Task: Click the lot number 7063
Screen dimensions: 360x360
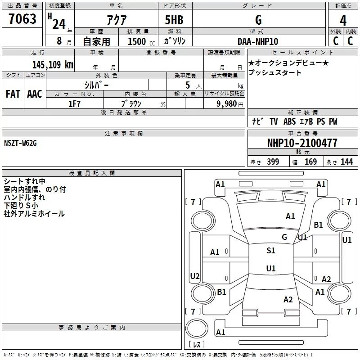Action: point(22,20)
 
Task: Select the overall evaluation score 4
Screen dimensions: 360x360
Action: point(343,21)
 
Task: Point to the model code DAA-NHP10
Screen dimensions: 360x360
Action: point(258,41)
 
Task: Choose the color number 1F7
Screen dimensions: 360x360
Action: point(74,103)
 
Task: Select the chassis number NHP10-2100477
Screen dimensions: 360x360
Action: point(302,144)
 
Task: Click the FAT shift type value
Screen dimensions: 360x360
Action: point(13,94)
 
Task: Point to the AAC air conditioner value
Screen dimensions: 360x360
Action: point(35,94)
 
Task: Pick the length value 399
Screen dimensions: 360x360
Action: point(273,162)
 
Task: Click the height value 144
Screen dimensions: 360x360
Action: point(346,162)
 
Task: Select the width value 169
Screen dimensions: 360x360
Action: point(310,162)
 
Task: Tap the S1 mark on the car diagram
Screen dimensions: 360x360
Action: point(271,251)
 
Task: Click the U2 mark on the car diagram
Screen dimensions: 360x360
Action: point(195,276)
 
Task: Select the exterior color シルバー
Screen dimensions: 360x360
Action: point(97,85)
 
